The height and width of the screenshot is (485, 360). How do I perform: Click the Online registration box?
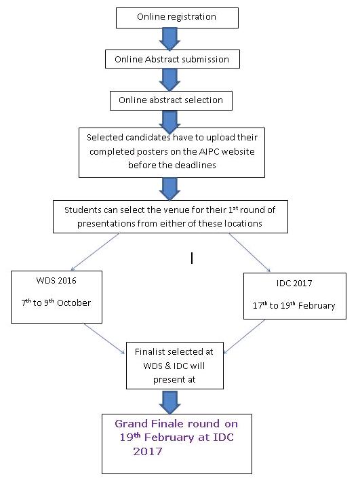tap(177, 18)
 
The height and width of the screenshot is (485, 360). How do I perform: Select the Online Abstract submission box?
tap(172, 59)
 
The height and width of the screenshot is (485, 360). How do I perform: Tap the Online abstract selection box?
tap(171, 100)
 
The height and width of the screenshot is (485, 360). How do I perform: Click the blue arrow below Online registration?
tap(169, 39)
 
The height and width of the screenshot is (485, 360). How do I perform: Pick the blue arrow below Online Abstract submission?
tap(169, 79)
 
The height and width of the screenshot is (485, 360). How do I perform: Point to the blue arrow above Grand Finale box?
tap(170, 402)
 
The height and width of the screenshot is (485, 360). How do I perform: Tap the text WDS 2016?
tap(56, 281)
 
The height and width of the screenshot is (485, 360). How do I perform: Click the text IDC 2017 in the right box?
tap(294, 283)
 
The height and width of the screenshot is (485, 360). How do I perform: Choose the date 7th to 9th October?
tap(56, 303)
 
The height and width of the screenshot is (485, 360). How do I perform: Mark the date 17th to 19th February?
tap(294, 305)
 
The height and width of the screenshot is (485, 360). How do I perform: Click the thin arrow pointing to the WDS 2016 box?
tap(95, 252)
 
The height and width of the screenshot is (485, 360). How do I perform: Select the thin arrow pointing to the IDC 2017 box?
tap(249, 252)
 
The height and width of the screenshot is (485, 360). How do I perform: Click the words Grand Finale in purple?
tap(150, 423)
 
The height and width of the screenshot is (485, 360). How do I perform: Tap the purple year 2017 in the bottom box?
tap(148, 452)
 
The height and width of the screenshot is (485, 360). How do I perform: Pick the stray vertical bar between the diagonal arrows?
tap(192, 258)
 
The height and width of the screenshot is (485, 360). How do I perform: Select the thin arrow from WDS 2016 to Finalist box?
tap(104, 338)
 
